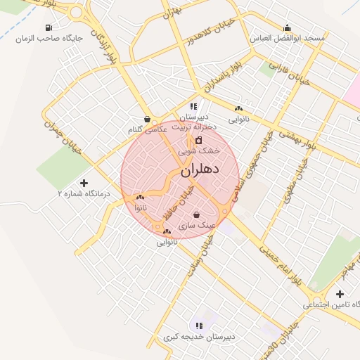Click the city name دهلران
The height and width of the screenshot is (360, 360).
tap(200, 170)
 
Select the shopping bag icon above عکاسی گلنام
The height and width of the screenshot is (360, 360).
tap(146, 119)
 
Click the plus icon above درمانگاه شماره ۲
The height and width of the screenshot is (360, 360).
tap(85, 182)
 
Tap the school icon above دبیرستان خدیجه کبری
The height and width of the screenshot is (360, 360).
tap(199, 326)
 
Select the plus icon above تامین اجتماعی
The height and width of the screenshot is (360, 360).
tap(340, 294)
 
